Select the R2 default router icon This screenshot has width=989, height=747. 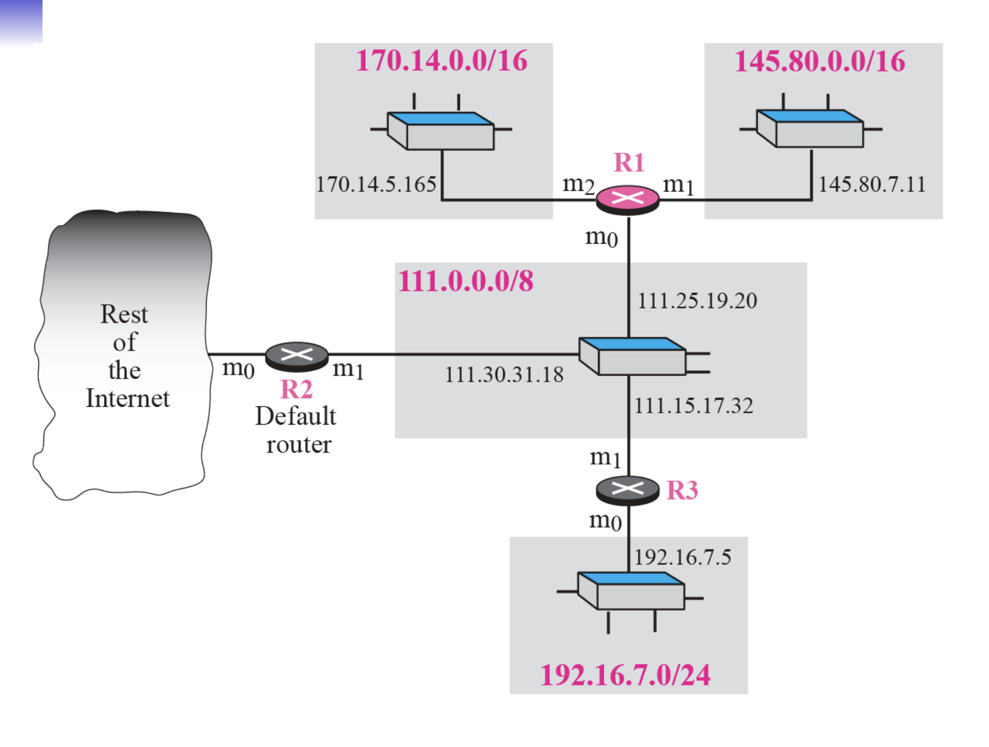click(297, 356)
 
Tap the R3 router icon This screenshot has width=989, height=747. click(628, 489)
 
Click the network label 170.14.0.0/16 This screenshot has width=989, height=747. click(442, 61)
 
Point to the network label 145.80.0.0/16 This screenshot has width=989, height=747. click(819, 61)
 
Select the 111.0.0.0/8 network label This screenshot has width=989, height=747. click(466, 281)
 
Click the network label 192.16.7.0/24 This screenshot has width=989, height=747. click(625, 675)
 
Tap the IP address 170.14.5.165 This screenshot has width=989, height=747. click(376, 184)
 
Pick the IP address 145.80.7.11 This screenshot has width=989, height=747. click(872, 184)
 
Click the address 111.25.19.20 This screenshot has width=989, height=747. click(697, 300)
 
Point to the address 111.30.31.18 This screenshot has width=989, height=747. click(504, 375)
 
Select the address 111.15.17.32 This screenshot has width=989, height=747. click(693, 406)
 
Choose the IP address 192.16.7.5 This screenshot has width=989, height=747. click(683, 557)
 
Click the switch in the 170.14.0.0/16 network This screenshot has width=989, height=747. click(441, 131)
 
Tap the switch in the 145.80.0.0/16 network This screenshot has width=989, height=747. click(810, 129)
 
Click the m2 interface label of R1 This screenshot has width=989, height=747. click(578, 184)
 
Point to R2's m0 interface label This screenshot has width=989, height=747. click(238, 369)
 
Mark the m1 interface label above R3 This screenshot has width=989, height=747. click(605, 458)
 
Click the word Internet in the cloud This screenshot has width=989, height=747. click(128, 399)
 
